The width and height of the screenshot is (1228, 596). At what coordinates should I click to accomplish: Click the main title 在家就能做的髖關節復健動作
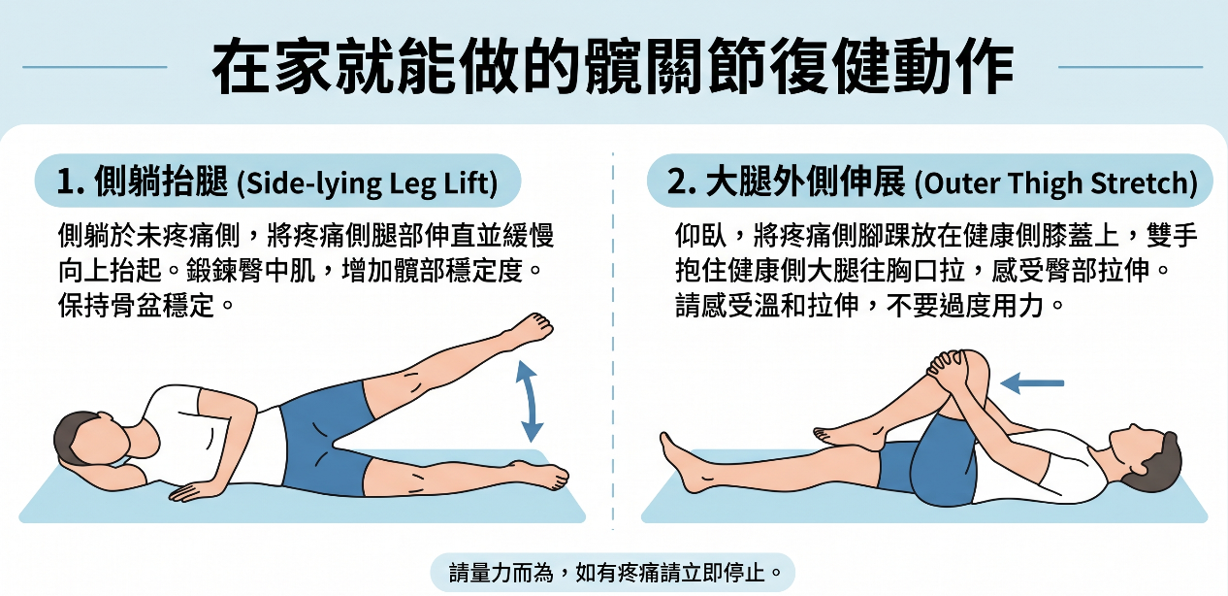(x=613, y=67)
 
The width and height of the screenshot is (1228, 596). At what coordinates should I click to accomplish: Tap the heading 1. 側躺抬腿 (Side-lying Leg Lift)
(x=277, y=182)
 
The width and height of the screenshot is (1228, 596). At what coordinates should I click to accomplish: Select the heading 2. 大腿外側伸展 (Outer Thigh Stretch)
(x=932, y=182)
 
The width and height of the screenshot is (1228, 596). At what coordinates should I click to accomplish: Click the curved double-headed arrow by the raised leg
(x=529, y=401)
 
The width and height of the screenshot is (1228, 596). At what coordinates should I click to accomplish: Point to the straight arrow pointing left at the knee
(x=1032, y=383)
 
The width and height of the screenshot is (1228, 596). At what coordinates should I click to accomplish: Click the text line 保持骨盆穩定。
(x=145, y=305)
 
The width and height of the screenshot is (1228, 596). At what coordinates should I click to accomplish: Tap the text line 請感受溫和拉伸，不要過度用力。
(x=869, y=305)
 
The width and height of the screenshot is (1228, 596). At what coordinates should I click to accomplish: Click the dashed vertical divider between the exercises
(x=613, y=341)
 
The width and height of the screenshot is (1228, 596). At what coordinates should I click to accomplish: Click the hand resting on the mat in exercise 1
(x=192, y=490)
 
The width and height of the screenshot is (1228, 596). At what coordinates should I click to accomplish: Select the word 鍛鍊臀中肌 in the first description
(x=250, y=271)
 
